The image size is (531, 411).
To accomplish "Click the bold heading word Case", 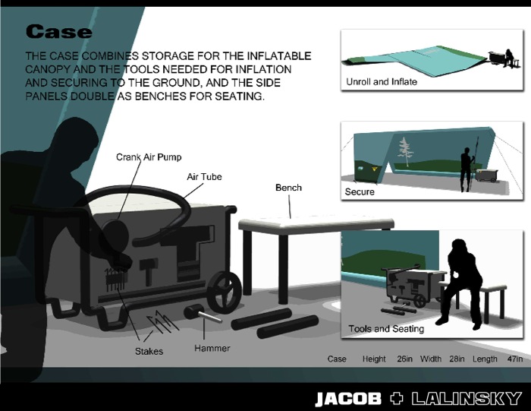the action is pos(58,32).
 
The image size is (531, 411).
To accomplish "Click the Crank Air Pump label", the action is pos(149,157).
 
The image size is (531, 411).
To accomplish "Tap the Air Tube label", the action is pos(204,177).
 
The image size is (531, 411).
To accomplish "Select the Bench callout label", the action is pos(288,188).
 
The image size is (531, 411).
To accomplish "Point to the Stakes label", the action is pos(149,351).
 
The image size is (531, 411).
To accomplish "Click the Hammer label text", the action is pos(212,348).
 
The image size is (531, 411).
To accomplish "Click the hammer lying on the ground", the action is pos(203,313).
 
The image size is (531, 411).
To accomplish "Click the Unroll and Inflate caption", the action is pos(382,82).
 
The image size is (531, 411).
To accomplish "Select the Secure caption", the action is pos(360,192).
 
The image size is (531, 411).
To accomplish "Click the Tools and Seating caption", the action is pos(386,329).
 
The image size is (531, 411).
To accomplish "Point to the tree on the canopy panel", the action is pos(404,151).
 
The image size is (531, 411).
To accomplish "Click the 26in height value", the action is pos(404,359).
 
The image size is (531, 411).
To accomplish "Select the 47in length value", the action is pos(515,359).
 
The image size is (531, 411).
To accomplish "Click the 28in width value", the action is pos(457,359).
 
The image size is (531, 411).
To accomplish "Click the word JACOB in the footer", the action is pos(348,399).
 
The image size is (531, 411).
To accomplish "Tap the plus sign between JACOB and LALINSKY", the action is pos(397,398).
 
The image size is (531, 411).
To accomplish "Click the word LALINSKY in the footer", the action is pos(467,399).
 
